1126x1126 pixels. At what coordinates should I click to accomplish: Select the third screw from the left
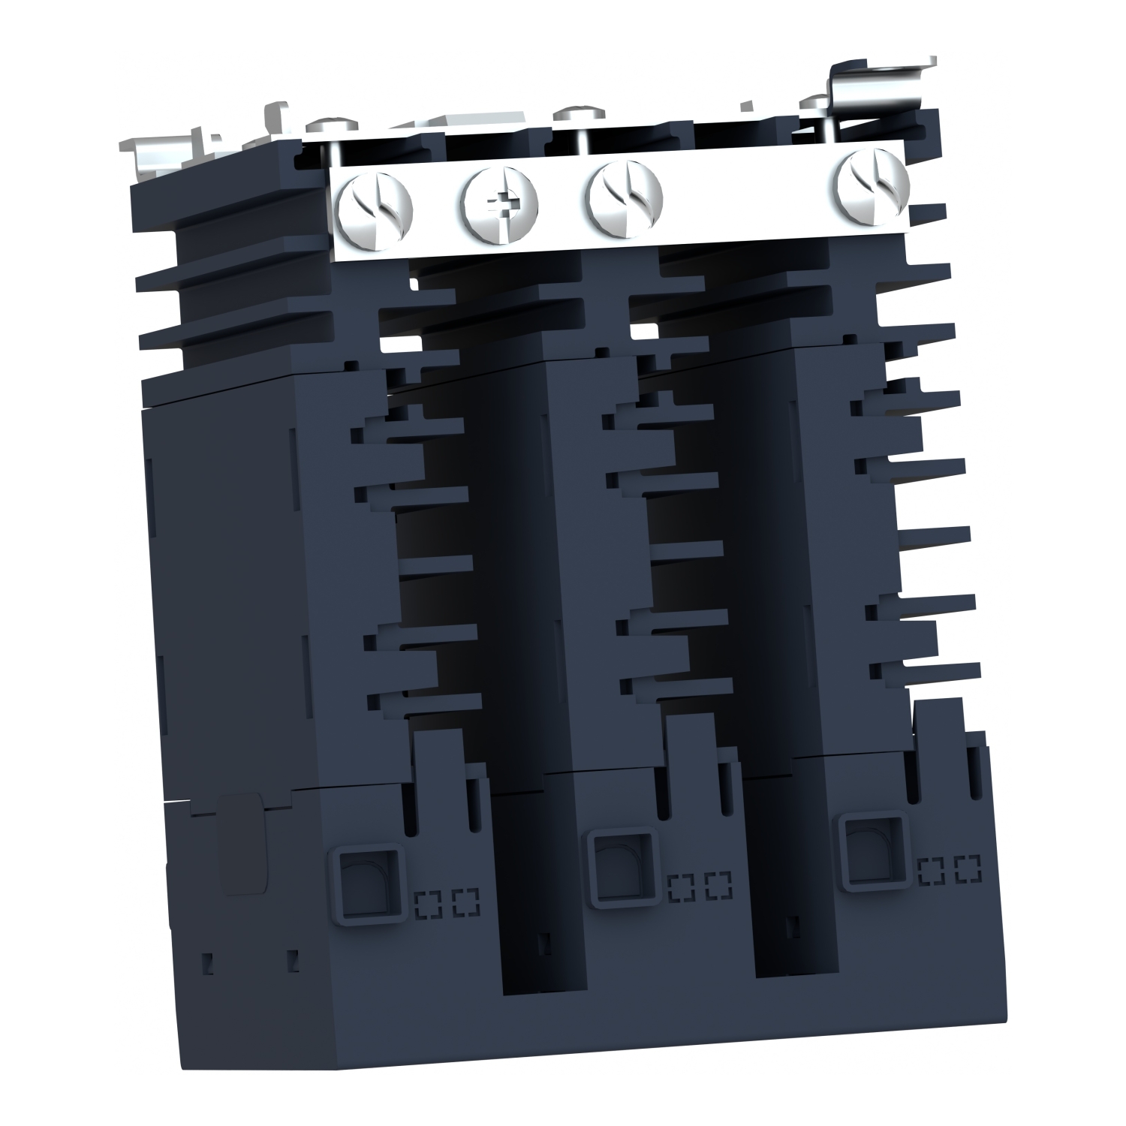[625, 197]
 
